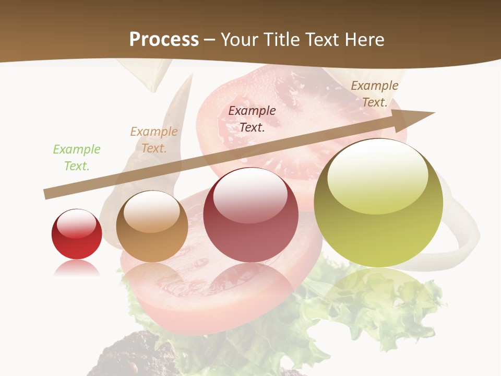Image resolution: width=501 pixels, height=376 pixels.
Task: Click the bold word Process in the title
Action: tap(164, 40)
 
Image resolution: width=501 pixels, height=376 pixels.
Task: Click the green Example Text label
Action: tap(77, 158)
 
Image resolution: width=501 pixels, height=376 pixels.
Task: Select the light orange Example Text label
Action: tap(154, 140)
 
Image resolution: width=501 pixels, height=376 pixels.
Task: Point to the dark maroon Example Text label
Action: tap(252, 119)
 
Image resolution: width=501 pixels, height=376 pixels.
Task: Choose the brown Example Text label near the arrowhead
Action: tap(375, 94)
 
